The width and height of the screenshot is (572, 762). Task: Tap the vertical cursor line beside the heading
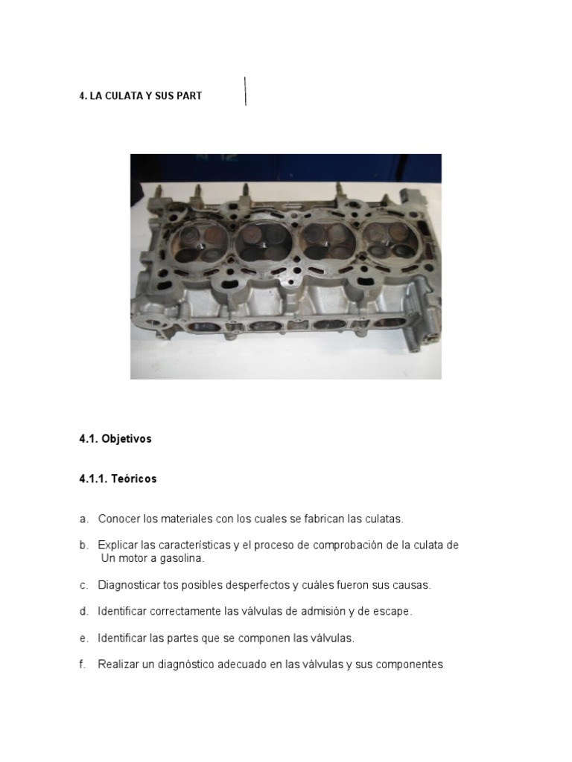point(246,91)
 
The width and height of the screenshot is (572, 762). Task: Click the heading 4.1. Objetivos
point(115,439)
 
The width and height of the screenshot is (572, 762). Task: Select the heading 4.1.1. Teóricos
point(118,479)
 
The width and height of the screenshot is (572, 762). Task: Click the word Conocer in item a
point(118,519)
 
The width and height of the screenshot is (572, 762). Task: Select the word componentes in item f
point(409,665)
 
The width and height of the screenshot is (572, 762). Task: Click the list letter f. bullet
point(83,665)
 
